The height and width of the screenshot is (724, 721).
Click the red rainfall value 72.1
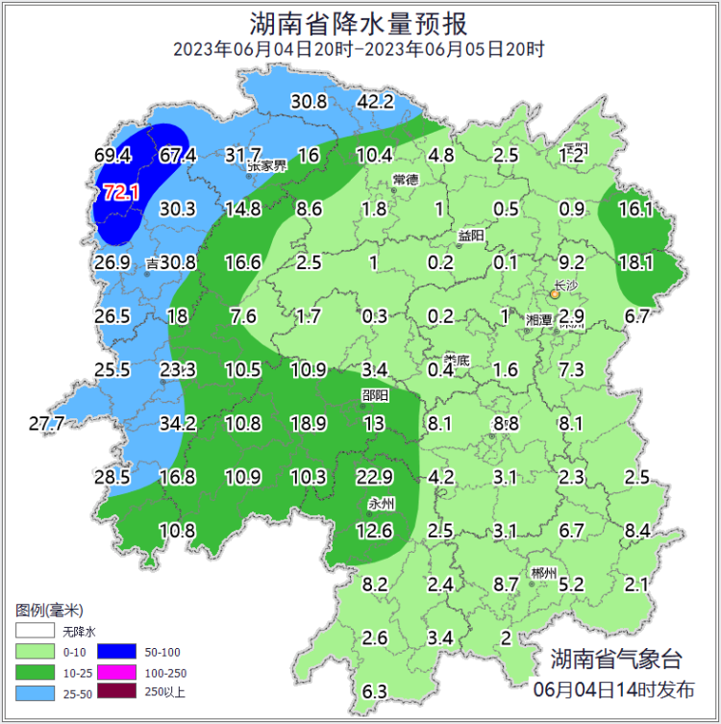121,193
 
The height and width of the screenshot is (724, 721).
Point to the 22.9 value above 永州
374,477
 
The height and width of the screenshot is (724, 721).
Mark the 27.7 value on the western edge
46,423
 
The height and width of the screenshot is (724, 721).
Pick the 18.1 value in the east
635,262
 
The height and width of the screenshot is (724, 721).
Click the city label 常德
406,180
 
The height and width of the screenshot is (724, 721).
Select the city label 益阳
471,236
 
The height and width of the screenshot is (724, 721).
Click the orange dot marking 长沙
555,296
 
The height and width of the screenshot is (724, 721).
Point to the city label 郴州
543,574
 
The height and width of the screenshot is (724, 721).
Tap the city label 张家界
267,165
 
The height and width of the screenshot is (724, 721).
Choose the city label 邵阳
375,394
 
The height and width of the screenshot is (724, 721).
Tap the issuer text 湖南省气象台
615,660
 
